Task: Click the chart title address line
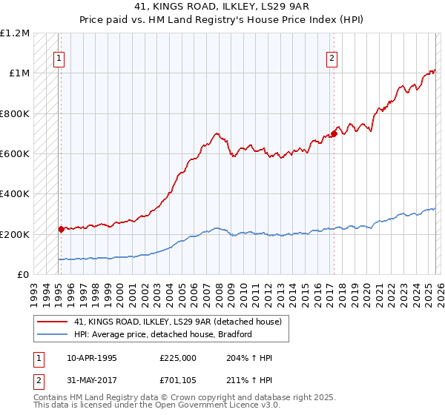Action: point(222,7)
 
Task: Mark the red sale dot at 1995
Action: point(61,229)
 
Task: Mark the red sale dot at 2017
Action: point(334,133)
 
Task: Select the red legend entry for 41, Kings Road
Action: point(178,322)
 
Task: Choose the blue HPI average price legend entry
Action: point(163,334)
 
